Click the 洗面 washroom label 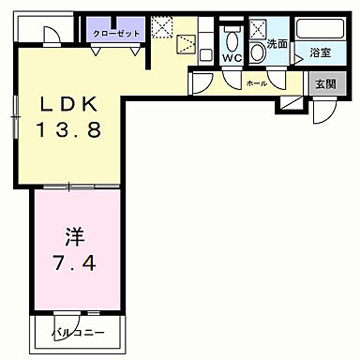pos(277,44)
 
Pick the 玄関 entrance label pos(323,84)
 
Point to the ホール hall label pos(255,83)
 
